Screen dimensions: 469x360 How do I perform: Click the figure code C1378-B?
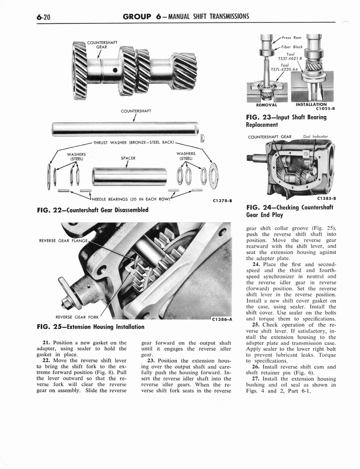pyautogui.click(x=223, y=200)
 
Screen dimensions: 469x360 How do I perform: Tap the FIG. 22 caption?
pyautogui.click(x=92, y=210)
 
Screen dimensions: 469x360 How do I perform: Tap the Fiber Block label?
pyautogui.click(x=292, y=47)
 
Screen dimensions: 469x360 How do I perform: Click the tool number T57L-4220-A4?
pyautogui.click(x=284, y=70)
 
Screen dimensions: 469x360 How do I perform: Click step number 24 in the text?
pyautogui.click(x=256, y=264)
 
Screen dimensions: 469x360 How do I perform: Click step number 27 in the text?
pyautogui.click(x=256, y=379)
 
